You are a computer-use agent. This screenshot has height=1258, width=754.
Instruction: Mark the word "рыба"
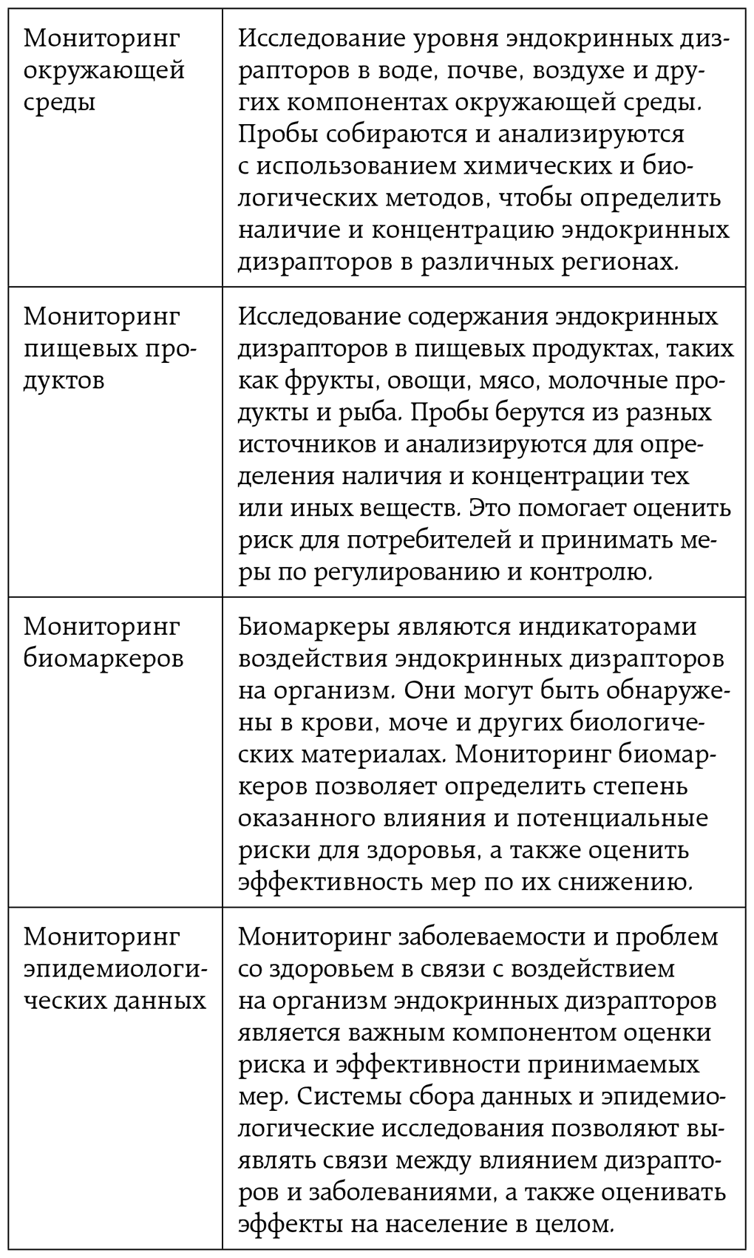(372, 412)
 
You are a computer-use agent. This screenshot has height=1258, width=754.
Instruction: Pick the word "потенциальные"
(621, 817)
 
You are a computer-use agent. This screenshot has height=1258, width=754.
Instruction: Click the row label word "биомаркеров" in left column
(103, 659)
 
